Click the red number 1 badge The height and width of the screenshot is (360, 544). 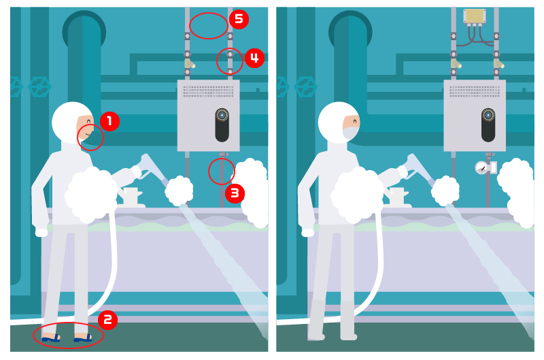click(109, 121)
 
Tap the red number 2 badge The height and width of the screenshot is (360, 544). click(107, 319)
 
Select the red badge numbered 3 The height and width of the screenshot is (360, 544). click(235, 193)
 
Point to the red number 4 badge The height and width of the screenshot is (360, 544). click(254, 58)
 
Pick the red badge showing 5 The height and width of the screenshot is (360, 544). click(239, 19)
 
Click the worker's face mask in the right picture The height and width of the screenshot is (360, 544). click(351, 133)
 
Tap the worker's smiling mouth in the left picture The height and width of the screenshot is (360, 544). click(88, 134)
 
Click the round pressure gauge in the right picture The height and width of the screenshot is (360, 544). click(481, 168)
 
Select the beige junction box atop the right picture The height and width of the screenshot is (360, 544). click(474, 16)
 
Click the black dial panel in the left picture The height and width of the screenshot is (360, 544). click(222, 125)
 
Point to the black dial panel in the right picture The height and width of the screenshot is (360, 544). click(488, 125)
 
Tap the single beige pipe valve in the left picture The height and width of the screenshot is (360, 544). click(190, 63)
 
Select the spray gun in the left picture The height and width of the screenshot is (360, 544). click(152, 168)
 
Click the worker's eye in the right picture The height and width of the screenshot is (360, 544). click(355, 121)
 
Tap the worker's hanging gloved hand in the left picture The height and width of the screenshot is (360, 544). click(41, 232)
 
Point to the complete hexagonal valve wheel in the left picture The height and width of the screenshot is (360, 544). click(39, 86)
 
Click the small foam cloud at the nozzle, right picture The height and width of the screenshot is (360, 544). click(445, 191)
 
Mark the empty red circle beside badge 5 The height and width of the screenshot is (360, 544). click(209, 25)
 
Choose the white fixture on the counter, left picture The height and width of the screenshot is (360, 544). click(131, 197)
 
